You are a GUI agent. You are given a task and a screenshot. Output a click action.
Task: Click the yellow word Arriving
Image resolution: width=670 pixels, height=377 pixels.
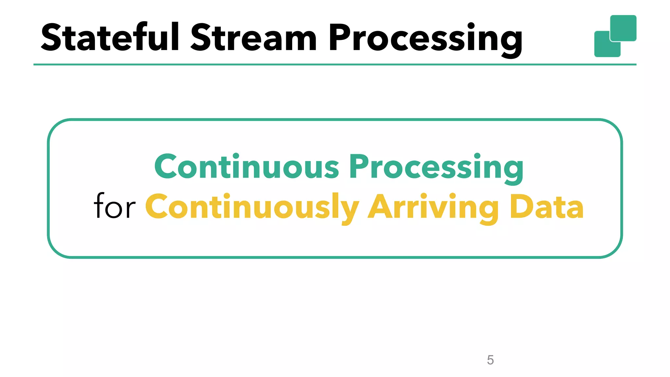(433, 207)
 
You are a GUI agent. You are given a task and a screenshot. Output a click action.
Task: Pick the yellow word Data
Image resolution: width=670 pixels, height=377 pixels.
(547, 207)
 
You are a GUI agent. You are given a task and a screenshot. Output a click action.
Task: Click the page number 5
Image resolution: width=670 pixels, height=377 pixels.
(490, 360)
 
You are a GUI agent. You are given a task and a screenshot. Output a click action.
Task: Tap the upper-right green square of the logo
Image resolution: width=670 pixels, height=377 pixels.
(623, 28)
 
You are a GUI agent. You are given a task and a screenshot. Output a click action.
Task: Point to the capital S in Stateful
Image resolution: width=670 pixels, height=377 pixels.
(51, 38)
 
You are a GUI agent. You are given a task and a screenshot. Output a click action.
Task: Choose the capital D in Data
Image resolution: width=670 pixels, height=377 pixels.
(521, 207)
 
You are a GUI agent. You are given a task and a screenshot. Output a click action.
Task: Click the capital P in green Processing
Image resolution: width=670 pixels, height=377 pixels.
(360, 166)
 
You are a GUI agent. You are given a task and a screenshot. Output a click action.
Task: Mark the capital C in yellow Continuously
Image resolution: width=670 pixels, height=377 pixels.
(157, 207)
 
